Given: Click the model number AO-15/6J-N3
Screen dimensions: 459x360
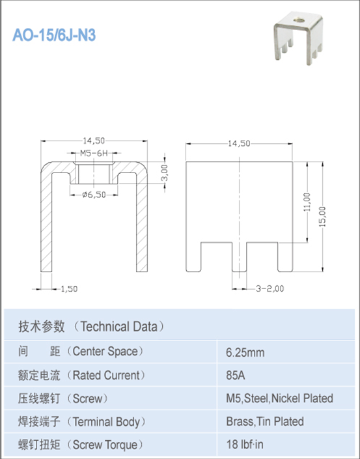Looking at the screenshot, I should tap(54, 35).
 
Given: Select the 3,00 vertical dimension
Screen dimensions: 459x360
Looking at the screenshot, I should tap(165, 173).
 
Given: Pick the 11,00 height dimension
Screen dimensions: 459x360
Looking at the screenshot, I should tap(307, 202).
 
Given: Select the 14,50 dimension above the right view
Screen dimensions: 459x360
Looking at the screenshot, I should tap(238, 143).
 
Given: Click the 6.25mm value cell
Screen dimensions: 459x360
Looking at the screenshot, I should tap(245, 352).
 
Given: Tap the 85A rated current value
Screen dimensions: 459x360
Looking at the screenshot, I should tap(235, 376).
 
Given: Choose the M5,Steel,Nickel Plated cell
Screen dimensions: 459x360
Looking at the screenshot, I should tap(279, 398).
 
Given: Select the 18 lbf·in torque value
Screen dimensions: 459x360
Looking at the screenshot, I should tap(243, 445).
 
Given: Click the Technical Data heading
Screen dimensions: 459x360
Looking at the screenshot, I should tap(91, 326).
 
